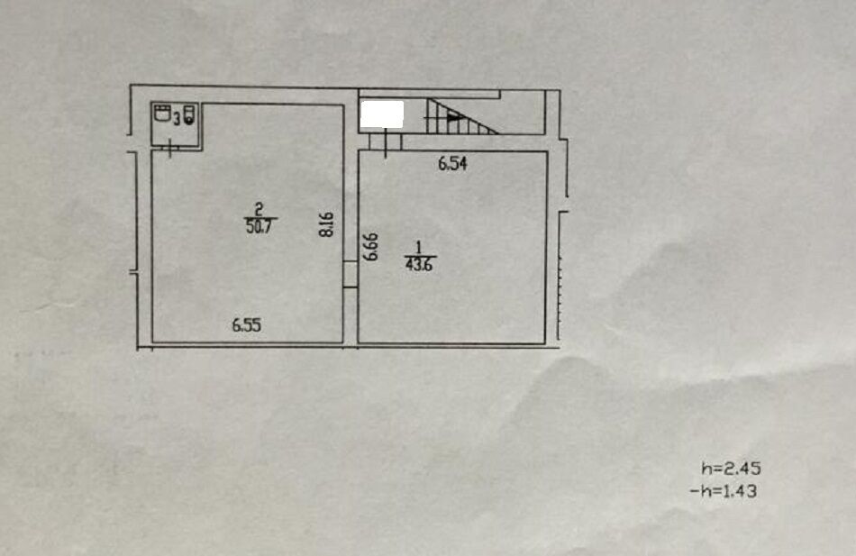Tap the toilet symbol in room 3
[x=189, y=114]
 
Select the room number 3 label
[x=177, y=117]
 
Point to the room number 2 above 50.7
[x=260, y=210]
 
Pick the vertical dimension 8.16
[x=326, y=224]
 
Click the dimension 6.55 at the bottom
[x=247, y=325]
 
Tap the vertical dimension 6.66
[x=371, y=247]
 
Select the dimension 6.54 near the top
[x=452, y=163]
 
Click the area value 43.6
[x=419, y=265]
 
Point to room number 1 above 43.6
[x=419, y=248]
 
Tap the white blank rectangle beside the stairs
[x=382, y=114]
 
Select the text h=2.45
[x=731, y=469]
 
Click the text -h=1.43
[x=724, y=491]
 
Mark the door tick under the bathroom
[x=170, y=149]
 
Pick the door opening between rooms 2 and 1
[x=351, y=274]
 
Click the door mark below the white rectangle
[x=386, y=142]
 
